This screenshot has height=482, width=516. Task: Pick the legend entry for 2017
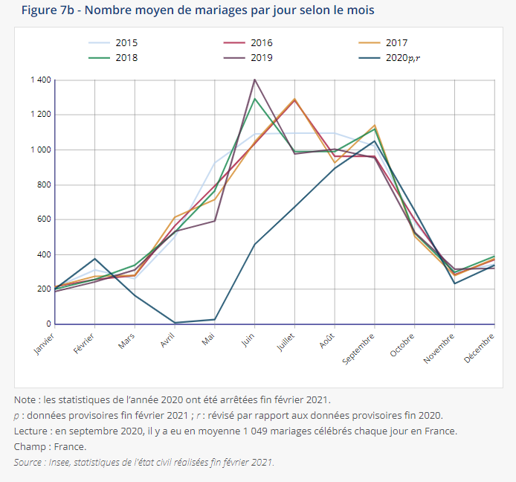[396, 43]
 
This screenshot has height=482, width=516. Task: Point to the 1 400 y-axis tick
[41, 80]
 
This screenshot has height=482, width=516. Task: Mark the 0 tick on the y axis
[48, 324]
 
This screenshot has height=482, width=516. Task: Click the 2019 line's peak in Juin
[254, 80]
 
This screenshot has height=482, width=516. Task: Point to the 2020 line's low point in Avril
[175, 323]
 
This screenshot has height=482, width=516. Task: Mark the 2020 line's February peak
[94, 259]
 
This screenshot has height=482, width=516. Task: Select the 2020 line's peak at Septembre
[375, 141]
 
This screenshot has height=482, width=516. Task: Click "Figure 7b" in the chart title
[45, 10]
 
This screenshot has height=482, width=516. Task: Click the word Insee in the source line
[62, 462]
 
